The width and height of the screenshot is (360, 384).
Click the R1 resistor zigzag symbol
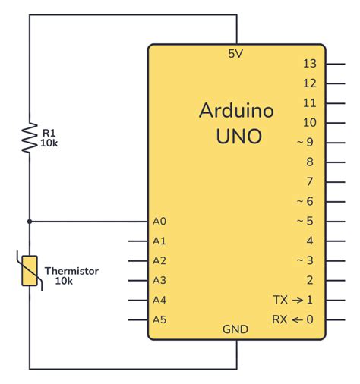pos(30,138)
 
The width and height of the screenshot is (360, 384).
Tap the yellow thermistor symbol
pos(30,271)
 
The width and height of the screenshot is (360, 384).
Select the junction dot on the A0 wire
pos(30,222)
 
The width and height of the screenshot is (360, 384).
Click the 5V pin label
pos(236,54)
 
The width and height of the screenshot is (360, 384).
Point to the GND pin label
pos(236,329)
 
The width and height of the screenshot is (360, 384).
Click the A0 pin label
pos(159,222)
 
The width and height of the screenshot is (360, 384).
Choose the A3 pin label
pos(159,280)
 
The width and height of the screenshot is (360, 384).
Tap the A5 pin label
pos(159,319)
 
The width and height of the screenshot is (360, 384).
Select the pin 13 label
pos(308,64)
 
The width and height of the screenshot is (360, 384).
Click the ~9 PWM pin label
pos(305,142)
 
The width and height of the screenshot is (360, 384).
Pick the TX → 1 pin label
pos(292,300)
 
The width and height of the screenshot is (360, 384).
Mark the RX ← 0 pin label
pos(292,319)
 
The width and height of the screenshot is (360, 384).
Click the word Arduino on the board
pos(236,111)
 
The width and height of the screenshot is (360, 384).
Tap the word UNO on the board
pos(236,137)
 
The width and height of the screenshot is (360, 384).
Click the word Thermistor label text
pos(71,271)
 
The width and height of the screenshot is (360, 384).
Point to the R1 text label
pos(48,133)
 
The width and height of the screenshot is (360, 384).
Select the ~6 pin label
pos(305,201)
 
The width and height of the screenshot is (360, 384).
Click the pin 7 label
pos(309,181)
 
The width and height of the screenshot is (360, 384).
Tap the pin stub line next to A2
pos(137,261)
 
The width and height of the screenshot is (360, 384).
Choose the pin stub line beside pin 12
pos(335,83)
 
